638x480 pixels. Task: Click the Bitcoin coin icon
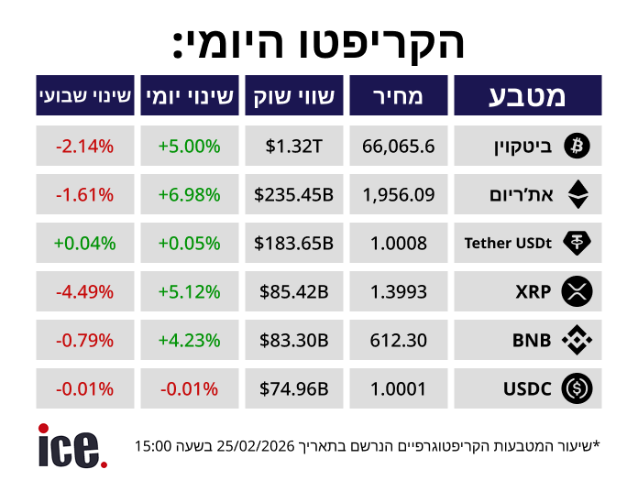(x=577, y=145)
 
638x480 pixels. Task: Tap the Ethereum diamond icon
(x=577, y=194)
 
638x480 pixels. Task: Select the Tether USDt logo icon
(x=577, y=243)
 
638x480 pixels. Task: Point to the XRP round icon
(x=577, y=292)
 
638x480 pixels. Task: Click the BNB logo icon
(x=577, y=341)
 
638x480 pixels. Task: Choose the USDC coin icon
(x=577, y=389)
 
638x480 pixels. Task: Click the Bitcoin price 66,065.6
(x=399, y=145)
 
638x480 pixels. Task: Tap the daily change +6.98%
(x=190, y=194)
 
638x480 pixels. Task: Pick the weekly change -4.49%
(x=84, y=292)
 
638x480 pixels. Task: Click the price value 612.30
(x=399, y=341)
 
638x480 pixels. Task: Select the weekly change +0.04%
(x=84, y=243)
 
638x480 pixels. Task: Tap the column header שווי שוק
(x=293, y=95)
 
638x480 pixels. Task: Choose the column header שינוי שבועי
(x=85, y=95)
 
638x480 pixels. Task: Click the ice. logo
(x=71, y=445)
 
